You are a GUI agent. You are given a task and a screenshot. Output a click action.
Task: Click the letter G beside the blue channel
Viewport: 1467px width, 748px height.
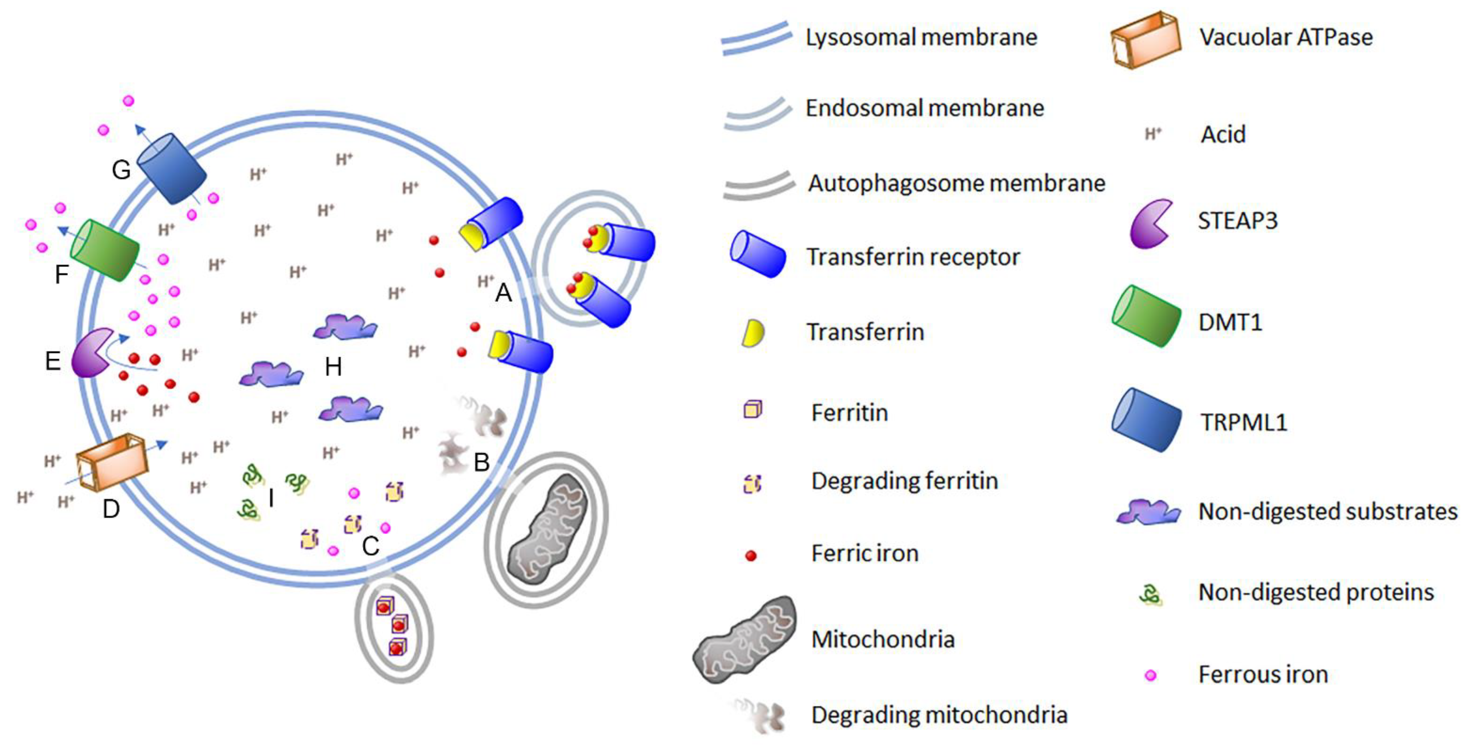pyautogui.click(x=121, y=170)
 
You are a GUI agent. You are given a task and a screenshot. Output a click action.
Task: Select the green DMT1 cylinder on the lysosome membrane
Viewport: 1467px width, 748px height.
pyautogui.click(x=105, y=250)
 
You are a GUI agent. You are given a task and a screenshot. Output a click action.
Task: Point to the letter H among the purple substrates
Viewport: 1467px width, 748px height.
pyautogui.click(x=333, y=367)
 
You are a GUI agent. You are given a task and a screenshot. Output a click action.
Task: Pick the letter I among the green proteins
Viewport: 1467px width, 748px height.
pyautogui.click(x=271, y=498)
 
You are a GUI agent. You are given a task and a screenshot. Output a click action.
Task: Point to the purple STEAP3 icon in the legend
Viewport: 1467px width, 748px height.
pyautogui.click(x=1150, y=223)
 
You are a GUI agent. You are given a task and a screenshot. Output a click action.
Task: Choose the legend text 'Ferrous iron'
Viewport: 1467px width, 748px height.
pyautogui.click(x=1263, y=675)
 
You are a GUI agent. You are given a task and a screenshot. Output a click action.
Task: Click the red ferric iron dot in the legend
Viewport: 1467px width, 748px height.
pyautogui.click(x=751, y=555)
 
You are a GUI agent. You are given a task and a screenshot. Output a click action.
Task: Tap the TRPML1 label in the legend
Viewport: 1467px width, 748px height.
pyautogui.click(x=1244, y=422)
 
